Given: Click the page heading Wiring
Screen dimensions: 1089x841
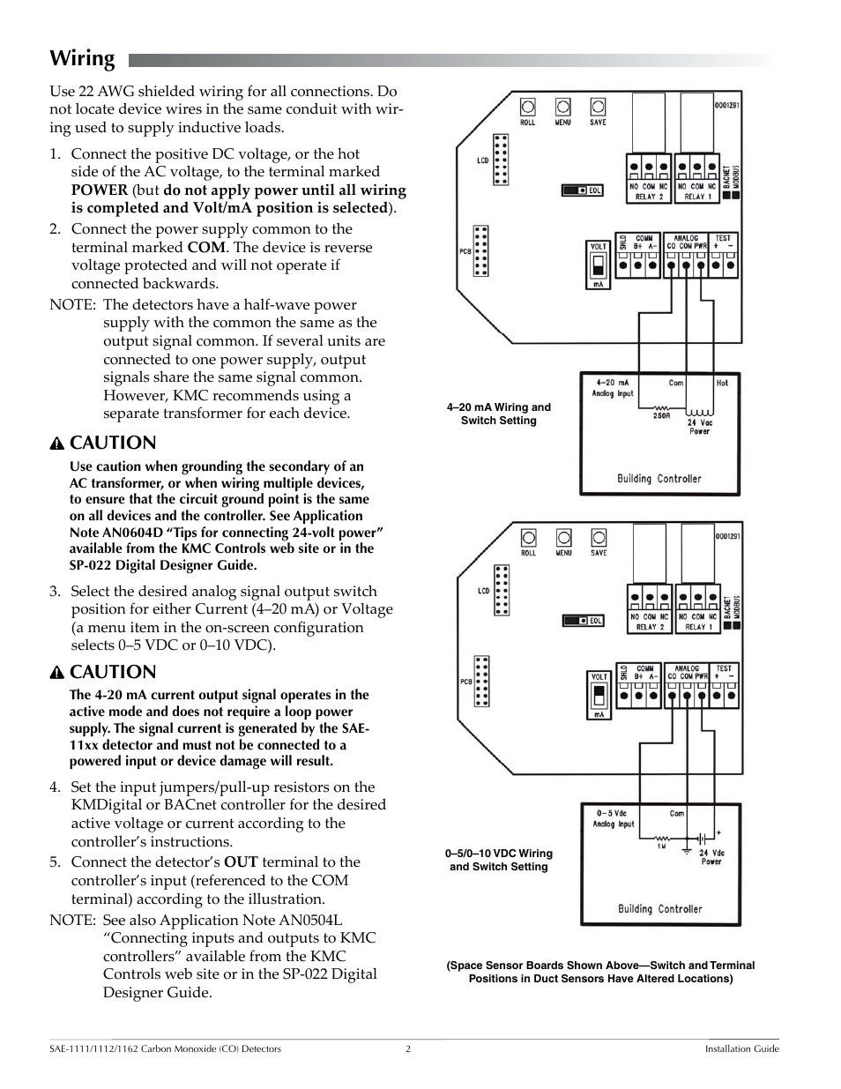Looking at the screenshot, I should (x=82, y=59).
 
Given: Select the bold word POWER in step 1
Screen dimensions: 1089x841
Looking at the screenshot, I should (x=100, y=190).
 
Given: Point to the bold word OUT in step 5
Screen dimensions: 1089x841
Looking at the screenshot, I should (x=241, y=862).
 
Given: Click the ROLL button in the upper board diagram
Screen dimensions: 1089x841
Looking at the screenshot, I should (x=528, y=108).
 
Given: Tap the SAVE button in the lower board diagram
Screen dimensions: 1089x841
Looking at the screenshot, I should (x=599, y=538).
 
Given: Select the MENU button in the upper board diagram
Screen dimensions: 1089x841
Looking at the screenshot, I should (x=563, y=108).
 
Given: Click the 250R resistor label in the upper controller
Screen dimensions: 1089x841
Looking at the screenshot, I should (x=661, y=415).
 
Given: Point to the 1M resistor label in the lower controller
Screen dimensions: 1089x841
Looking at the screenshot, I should (x=661, y=846).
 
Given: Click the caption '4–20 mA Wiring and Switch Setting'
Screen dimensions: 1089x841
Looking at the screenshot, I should (x=499, y=414).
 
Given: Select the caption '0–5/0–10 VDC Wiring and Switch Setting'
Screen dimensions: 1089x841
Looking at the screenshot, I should (x=499, y=860).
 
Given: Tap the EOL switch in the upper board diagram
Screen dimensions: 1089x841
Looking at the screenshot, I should (x=582, y=190).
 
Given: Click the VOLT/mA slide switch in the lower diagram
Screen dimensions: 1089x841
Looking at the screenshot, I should (x=599, y=695).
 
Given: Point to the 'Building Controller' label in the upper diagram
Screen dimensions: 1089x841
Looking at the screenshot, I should (x=659, y=479).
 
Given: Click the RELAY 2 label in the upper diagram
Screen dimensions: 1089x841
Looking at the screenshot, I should (x=650, y=197).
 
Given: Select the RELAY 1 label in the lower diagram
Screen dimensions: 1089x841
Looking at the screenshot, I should (x=697, y=627).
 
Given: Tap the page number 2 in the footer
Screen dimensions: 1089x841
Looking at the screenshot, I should (x=408, y=1049).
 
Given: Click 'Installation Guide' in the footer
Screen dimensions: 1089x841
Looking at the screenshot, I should (x=741, y=1049).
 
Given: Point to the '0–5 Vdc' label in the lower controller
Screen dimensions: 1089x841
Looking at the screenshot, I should (x=612, y=813).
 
